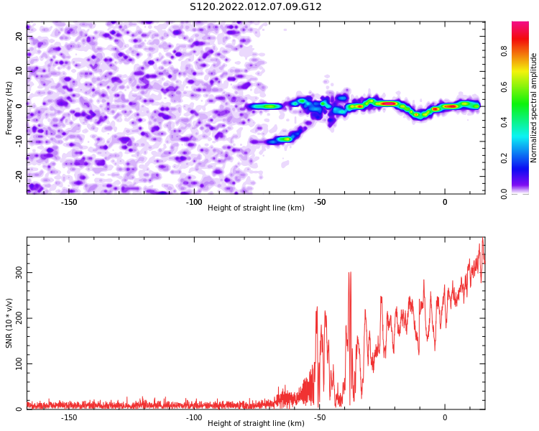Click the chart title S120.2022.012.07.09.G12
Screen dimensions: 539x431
tap(256, 6)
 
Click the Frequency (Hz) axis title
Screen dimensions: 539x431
tap(9, 108)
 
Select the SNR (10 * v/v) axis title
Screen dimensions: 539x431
tap(9, 323)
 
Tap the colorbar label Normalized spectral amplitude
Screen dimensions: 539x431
tap(533, 108)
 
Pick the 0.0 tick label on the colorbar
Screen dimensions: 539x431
tap(504, 193)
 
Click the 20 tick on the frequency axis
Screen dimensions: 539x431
tap(19, 36)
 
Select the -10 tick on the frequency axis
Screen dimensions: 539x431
tap(19, 141)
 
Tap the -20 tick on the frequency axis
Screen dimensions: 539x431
tap(19, 176)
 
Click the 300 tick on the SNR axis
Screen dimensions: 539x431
tap(19, 272)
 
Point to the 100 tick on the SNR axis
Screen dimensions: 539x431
tap(19, 363)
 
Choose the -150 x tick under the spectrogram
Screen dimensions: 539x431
tap(69, 202)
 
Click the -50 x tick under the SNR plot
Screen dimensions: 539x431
tap(319, 417)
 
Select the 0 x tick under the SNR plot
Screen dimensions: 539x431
tap(445, 417)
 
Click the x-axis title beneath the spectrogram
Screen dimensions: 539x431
tap(256, 208)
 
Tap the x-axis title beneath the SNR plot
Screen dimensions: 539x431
tap(256, 423)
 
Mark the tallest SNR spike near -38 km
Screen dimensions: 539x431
tap(350, 272)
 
